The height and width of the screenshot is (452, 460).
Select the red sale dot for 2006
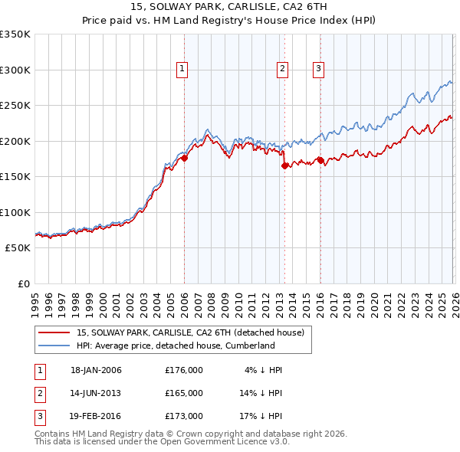click(184, 159)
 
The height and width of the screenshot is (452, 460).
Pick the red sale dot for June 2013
click(284, 165)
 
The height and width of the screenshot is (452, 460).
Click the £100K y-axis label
click(15, 213)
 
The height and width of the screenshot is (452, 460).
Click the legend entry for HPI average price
click(176, 346)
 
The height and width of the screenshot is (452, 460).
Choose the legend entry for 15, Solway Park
click(191, 332)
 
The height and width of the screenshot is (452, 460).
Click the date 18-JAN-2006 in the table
click(96, 370)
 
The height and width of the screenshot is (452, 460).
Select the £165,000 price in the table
click(184, 393)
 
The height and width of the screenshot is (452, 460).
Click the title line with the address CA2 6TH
click(230, 8)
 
